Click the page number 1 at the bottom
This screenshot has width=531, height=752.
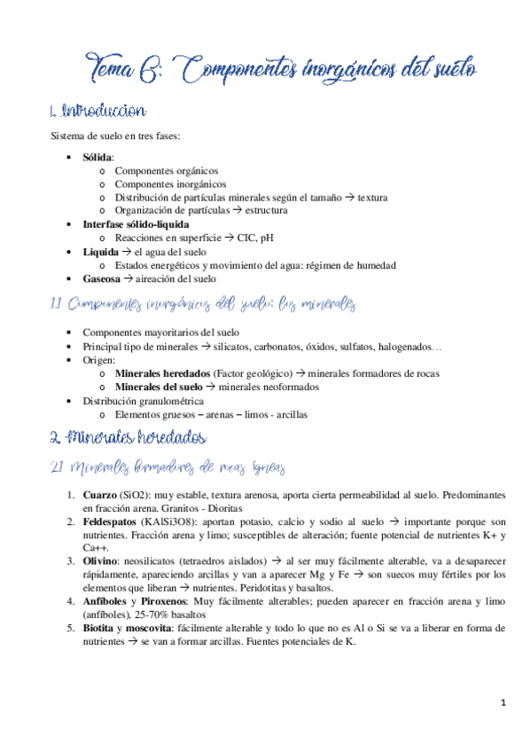503,704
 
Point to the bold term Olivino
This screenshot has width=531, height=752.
99,560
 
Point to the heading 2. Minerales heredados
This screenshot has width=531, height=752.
128,438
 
